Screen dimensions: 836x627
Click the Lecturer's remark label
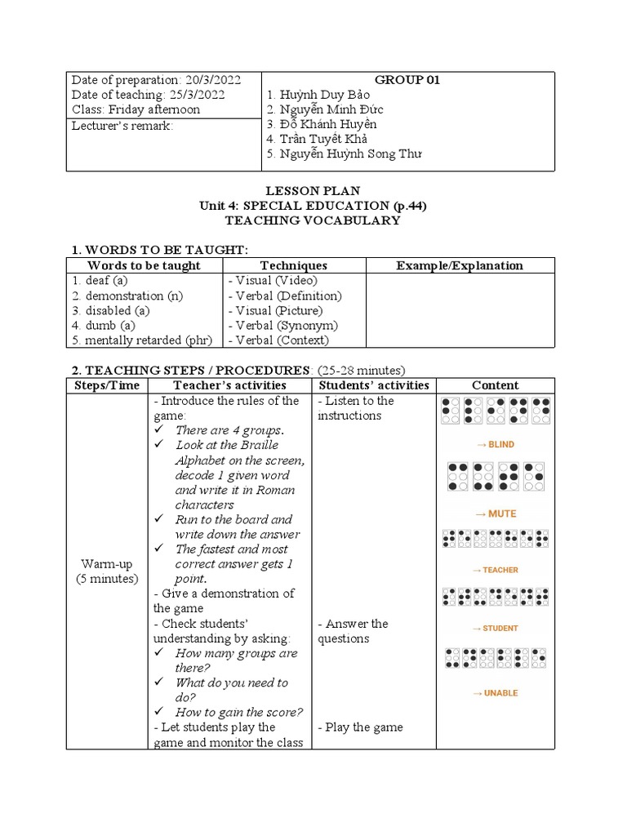(x=122, y=125)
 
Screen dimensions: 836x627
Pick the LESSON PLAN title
(x=313, y=191)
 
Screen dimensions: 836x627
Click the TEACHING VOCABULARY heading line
(x=313, y=220)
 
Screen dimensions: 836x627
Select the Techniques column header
(x=293, y=265)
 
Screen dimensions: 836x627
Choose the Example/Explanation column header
(x=460, y=265)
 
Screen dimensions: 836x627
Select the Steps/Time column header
(x=107, y=385)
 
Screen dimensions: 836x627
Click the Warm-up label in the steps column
(x=106, y=564)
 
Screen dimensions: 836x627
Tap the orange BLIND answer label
(x=495, y=445)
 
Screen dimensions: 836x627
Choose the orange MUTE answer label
(x=496, y=514)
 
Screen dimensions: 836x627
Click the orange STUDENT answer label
(x=496, y=629)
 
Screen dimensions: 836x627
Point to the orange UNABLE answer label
(x=496, y=693)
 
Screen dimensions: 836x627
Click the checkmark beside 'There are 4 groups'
(x=161, y=430)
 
